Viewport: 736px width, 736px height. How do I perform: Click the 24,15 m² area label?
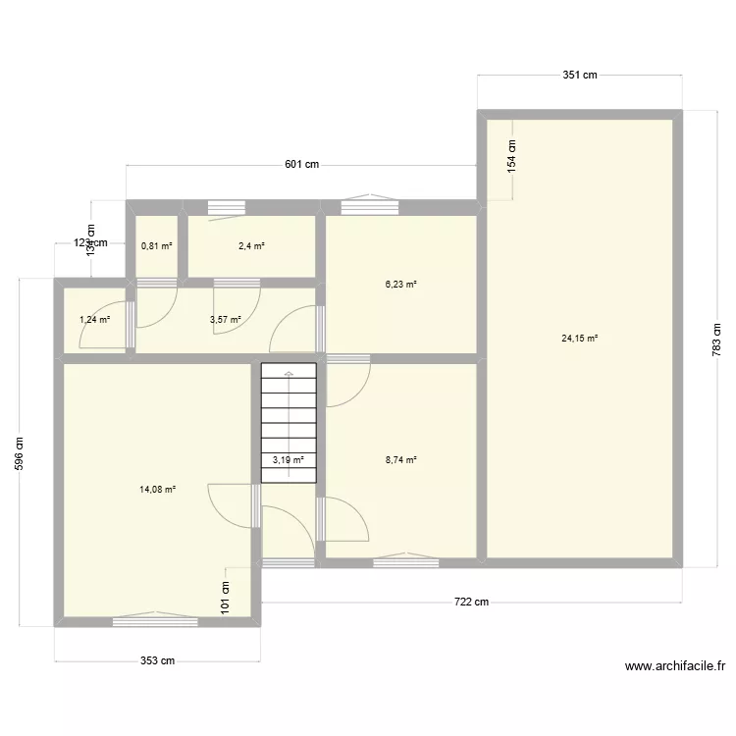pyautogui.click(x=579, y=339)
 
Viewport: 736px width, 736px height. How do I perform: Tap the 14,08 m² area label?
pyautogui.click(x=158, y=489)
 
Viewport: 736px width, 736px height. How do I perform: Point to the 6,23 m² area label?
pyautogui.click(x=400, y=285)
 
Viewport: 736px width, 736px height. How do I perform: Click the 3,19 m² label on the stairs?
pyautogui.click(x=289, y=459)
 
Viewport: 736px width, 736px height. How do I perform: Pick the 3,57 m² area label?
pyautogui.click(x=225, y=319)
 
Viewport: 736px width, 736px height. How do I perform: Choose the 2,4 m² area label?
pyautogui.click(x=251, y=246)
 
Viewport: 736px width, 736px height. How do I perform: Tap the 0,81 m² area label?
pyautogui.click(x=157, y=246)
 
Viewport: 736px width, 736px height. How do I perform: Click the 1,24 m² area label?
pyautogui.click(x=94, y=319)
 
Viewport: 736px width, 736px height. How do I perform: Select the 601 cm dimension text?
pyautogui.click(x=302, y=165)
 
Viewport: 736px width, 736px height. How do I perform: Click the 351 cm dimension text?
pyautogui.click(x=580, y=75)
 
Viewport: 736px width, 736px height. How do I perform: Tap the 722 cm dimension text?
pyautogui.click(x=470, y=603)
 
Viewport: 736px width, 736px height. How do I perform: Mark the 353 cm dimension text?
pyautogui.click(x=157, y=660)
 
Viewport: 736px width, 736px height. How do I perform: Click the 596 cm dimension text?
pyautogui.click(x=20, y=452)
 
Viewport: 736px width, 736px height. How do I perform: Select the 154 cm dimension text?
pyautogui.click(x=511, y=157)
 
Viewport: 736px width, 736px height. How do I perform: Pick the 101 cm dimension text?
pyautogui.click(x=226, y=596)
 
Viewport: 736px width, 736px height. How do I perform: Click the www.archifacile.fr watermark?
pyautogui.click(x=674, y=666)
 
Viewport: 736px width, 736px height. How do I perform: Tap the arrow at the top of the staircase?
pyautogui.click(x=289, y=375)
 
